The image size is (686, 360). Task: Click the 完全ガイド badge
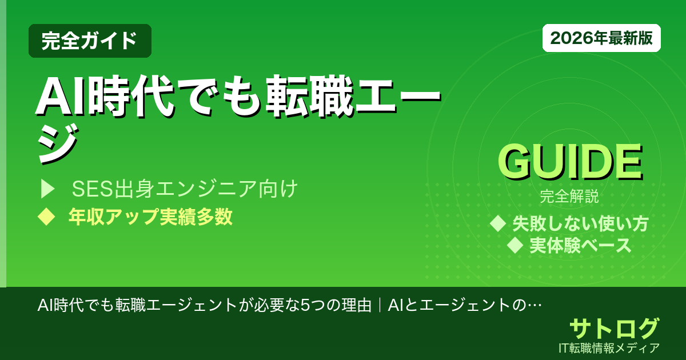90,41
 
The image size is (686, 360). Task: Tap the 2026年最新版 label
601,38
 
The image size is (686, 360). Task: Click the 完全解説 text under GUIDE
569,197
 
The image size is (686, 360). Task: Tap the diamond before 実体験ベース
516,245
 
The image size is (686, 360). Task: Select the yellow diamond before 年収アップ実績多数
45,217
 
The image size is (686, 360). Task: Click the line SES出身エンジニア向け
185,189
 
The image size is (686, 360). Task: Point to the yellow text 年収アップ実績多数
150,217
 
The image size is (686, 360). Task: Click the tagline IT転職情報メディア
610,347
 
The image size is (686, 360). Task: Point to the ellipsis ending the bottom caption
534,304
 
